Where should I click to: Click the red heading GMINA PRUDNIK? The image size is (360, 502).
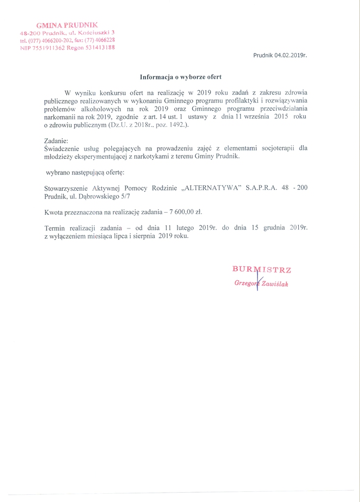click(x=67, y=25)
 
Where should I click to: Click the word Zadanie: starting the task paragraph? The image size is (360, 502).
click(x=56, y=141)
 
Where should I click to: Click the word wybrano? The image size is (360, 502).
click(x=58, y=173)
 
